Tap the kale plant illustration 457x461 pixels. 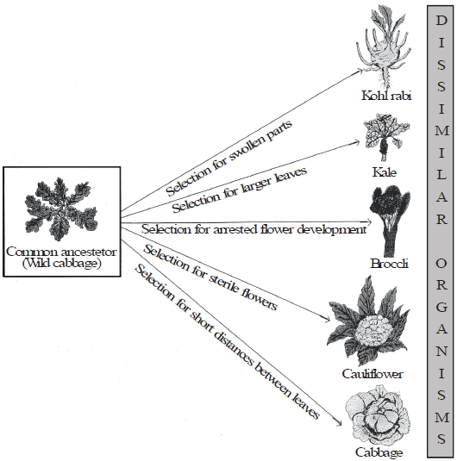click(x=386, y=137)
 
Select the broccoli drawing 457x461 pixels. click(x=390, y=221)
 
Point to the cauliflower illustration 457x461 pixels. click(x=369, y=322)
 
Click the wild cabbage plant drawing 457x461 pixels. click(x=61, y=209)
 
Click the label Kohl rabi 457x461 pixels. click(x=386, y=96)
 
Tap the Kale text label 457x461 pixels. click(x=385, y=172)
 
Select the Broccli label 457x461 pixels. click(x=390, y=264)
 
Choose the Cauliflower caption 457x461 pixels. click(x=372, y=374)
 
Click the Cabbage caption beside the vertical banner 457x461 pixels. click(x=379, y=452)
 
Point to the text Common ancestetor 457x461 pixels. click(x=61, y=252)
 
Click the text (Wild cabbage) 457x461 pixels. click(x=62, y=263)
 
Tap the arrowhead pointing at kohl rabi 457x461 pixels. click(x=360, y=71)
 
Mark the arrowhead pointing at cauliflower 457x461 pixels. click(x=327, y=320)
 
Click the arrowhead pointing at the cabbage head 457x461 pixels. click(x=338, y=423)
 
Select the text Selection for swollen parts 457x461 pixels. click(x=228, y=158)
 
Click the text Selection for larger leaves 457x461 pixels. click(x=239, y=190)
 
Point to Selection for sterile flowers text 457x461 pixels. click(x=210, y=277)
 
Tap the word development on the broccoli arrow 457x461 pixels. click(x=332, y=229)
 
